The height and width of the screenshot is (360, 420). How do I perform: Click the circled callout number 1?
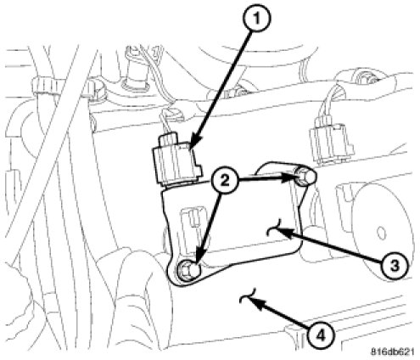pos(256,19)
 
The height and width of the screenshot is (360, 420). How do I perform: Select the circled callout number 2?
pos(225,181)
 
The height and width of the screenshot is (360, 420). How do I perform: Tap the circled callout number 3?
pos(395,266)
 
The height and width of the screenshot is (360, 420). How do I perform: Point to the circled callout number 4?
pos(320,336)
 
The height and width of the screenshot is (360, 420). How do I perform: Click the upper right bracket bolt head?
pos(305,176)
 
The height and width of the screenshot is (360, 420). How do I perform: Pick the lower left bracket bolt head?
pos(188,271)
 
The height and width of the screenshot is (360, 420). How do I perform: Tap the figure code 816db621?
pos(392,352)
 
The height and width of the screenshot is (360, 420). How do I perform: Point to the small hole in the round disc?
pos(381,233)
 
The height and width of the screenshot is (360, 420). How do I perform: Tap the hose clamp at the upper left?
pos(46,86)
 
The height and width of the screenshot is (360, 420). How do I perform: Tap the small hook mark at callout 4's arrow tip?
pos(247,296)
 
